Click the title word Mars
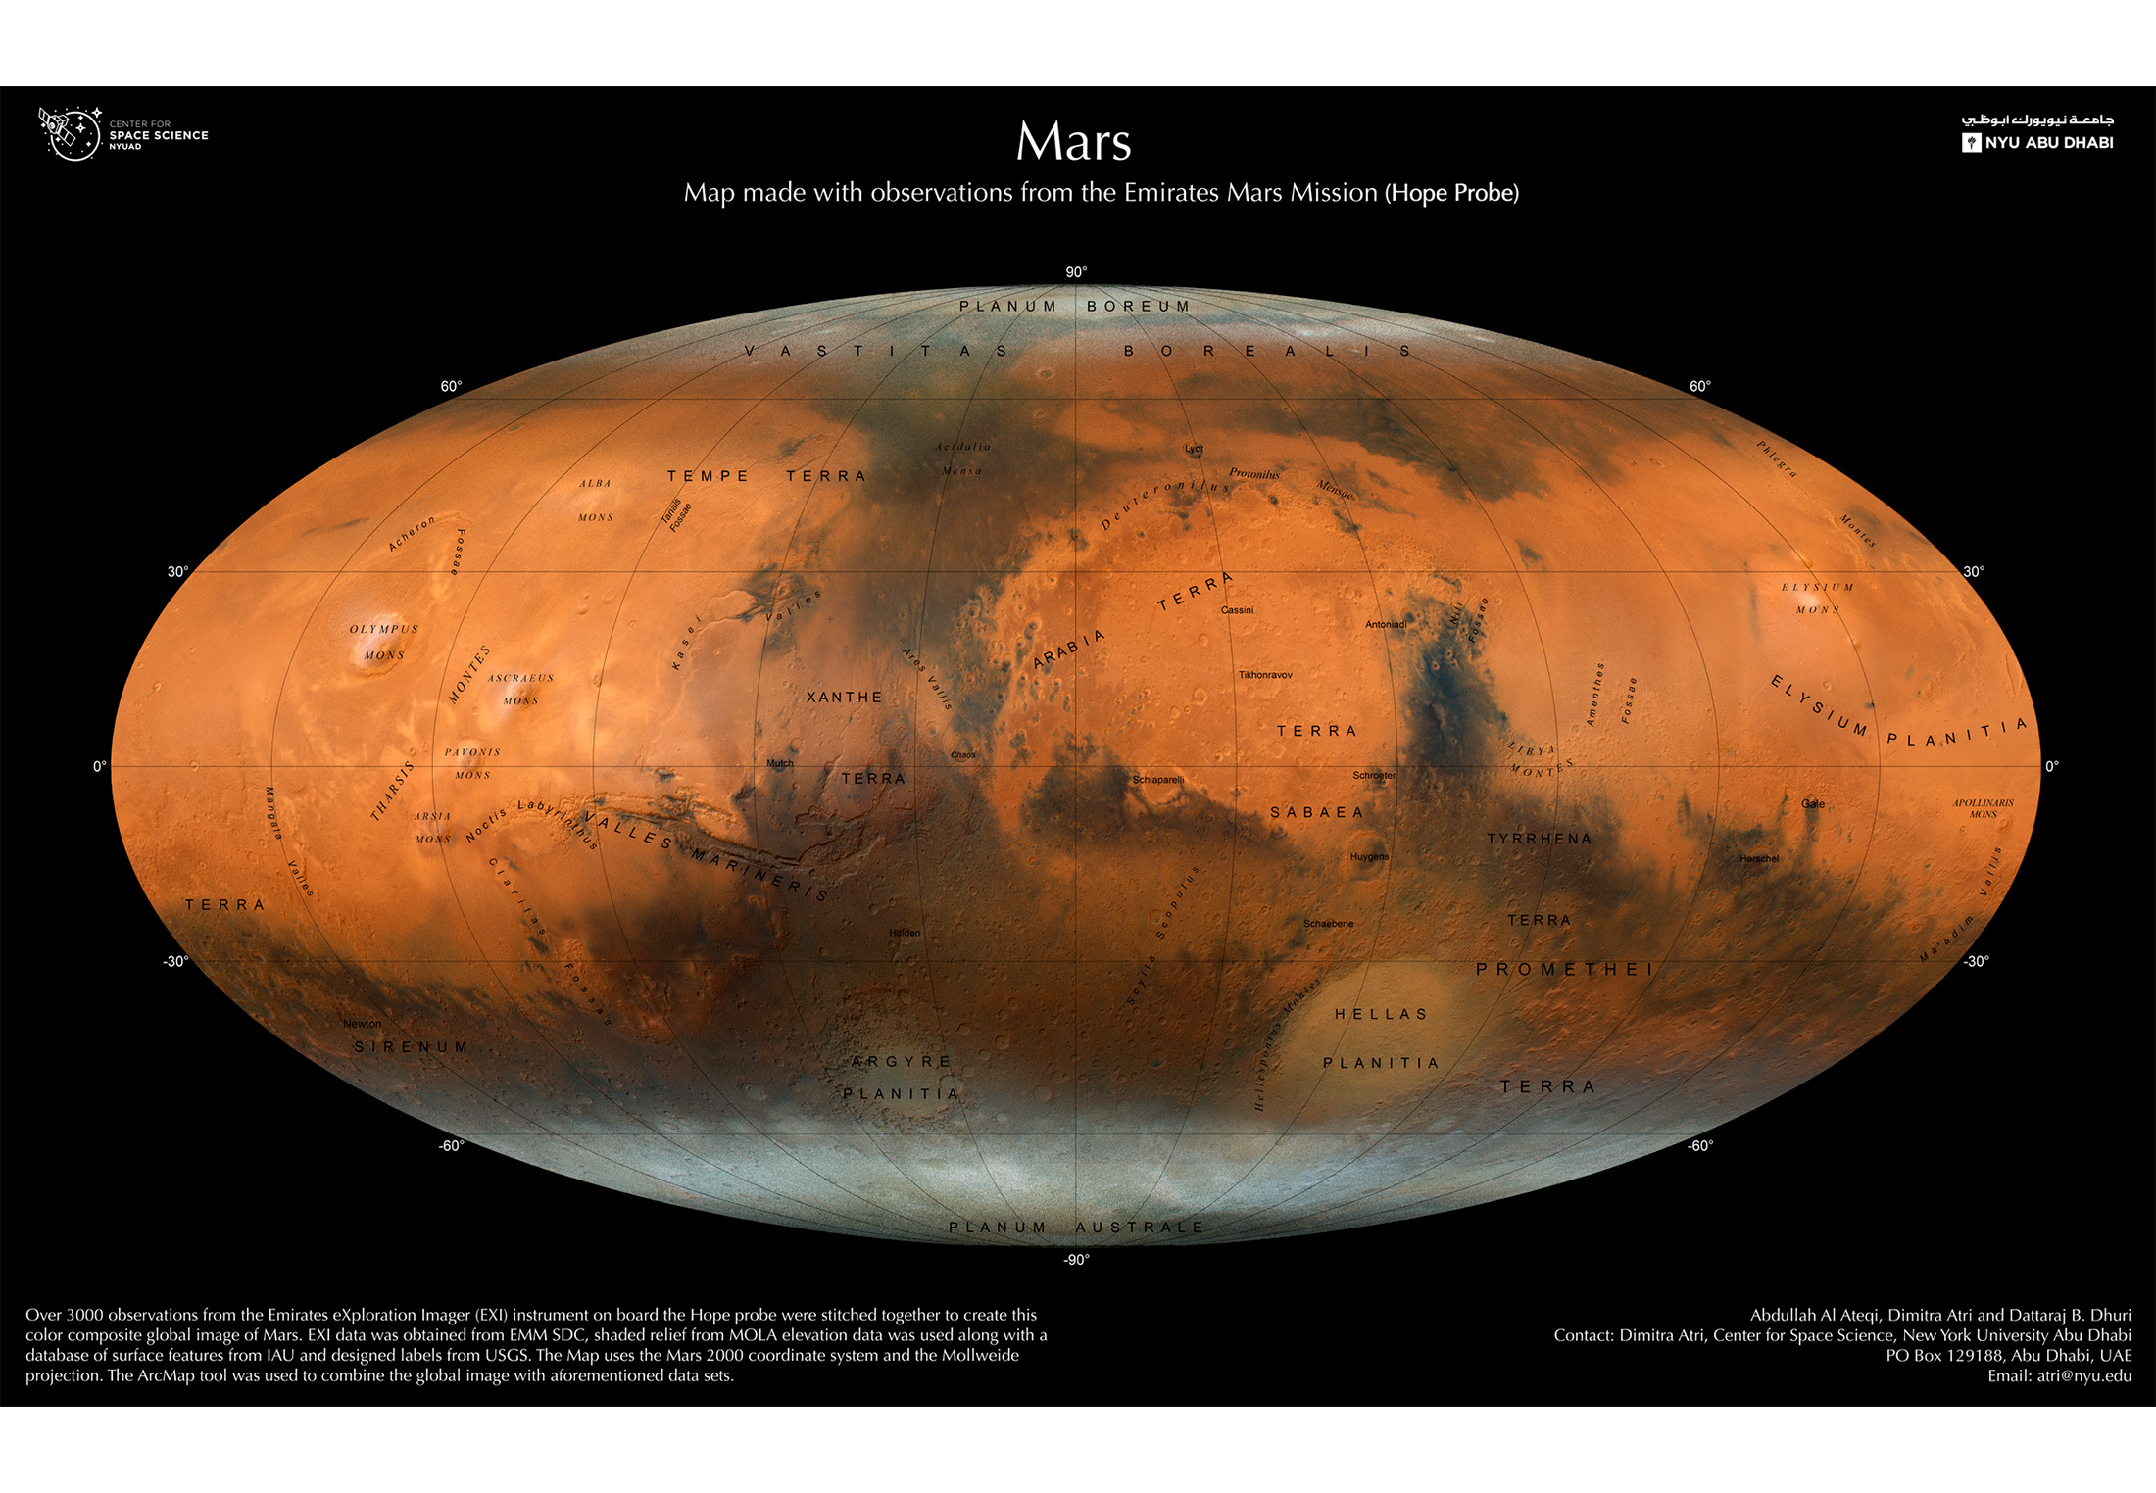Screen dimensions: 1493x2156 point(1073,142)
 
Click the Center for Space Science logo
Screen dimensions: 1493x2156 point(122,134)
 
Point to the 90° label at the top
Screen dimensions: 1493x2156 point(1076,272)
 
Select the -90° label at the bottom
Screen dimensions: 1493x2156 point(1076,1260)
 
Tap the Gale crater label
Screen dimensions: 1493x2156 point(1813,804)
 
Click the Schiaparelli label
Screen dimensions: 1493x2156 point(1158,780)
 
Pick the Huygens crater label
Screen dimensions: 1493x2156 point(1369,857)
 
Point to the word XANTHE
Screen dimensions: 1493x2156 point(844,698)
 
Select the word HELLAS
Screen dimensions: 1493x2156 point(1381,1014)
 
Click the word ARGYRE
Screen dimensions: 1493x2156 point(901,1062)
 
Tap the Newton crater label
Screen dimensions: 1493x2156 point(362,1024)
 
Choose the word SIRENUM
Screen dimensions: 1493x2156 point(411,1047)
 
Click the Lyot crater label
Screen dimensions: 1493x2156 point(1194,449)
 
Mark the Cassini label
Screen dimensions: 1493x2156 point(1237,610)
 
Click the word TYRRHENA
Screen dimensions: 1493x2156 point(1539,839)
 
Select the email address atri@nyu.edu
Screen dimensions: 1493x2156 point(2083,1376)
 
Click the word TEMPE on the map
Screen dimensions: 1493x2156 point(708,476)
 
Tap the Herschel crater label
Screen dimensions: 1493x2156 point(1758,859)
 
